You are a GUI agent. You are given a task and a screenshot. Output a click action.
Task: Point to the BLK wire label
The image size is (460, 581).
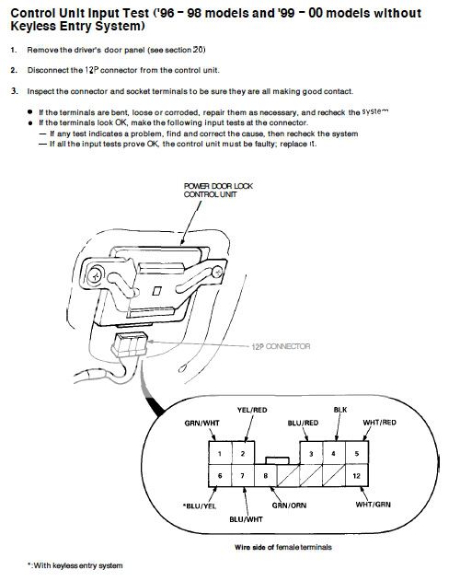click(339, 408)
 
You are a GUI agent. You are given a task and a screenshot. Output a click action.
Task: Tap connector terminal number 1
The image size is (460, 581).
click(218, 455)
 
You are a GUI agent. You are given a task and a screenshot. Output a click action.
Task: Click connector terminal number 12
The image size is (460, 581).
click(356, 474)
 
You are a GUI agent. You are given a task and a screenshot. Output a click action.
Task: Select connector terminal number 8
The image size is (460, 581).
click(265, 474)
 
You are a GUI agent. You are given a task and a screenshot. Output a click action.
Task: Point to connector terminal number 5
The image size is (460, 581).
click(356, 455)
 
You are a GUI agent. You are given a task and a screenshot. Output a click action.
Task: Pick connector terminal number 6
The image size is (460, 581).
click(218, 474)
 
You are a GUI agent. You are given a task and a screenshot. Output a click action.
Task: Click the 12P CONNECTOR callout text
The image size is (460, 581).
click(282, 347)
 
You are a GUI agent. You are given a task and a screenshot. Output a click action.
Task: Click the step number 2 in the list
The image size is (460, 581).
click(14, 69)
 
